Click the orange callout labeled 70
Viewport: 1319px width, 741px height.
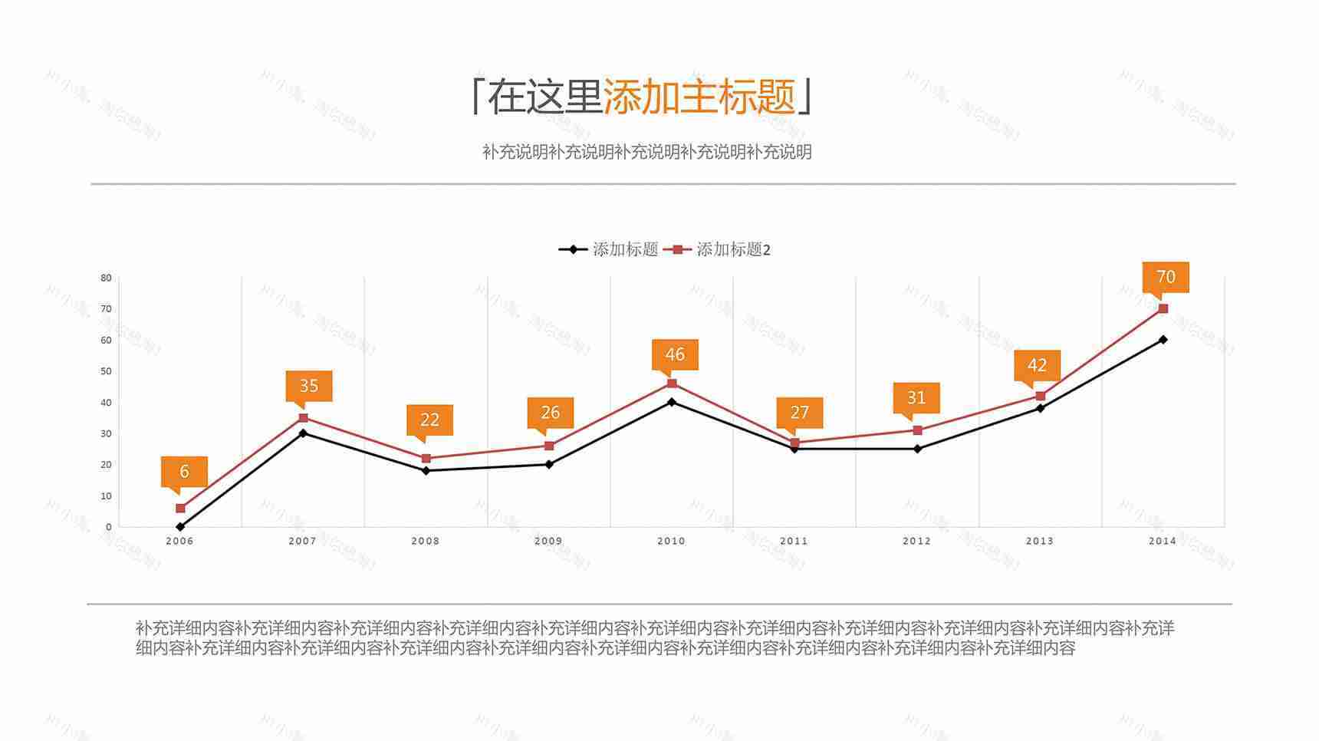[x=1166, y=277]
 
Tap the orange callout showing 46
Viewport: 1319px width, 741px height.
[x=675, y=354]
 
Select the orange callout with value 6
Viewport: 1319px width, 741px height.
[x=184, y=472]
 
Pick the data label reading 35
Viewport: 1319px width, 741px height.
[x=308, y=386]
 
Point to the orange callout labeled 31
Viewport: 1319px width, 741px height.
[x=916, y=398]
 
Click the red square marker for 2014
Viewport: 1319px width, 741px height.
[x=1163, y=308]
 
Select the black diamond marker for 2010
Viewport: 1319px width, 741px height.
[x=672, y=402]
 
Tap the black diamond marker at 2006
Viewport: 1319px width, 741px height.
[x=180, y=527]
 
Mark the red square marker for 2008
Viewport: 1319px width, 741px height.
[x=426, y=459]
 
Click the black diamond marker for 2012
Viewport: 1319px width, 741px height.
[x=917, y=449]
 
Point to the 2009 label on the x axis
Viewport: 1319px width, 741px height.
[x=548, y=541]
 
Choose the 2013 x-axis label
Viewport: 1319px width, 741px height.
[x=1040, y=541]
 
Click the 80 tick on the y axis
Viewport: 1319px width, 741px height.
[x=106, y=278]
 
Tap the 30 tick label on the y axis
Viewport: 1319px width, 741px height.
[x=106, y=433]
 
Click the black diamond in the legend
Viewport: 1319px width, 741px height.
[x=573, y=249]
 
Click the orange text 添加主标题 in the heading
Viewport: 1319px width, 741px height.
[x=699, y=97]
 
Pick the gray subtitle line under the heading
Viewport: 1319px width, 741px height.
[x=646, y=152]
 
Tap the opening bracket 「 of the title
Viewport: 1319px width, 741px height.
[x=477, y=97]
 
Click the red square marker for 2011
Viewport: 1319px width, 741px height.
[x=794, y=443]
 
